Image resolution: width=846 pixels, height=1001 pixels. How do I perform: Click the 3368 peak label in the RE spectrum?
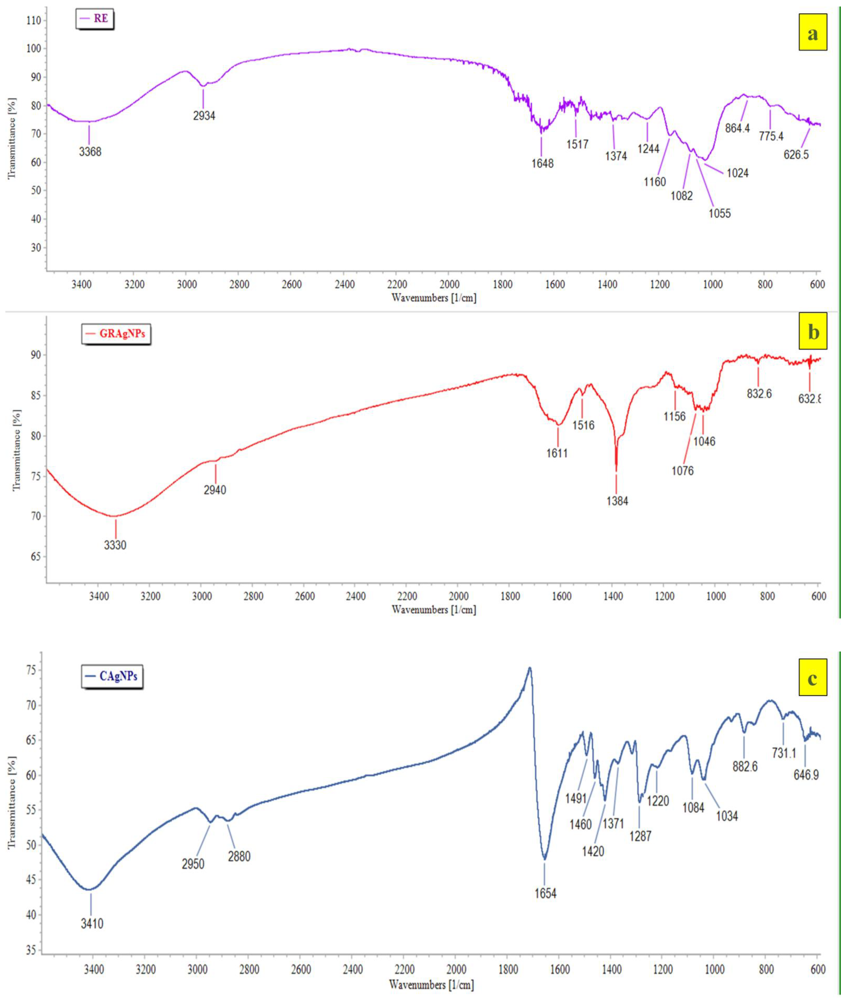coord(90,152)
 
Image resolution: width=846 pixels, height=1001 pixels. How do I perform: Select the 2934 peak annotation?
coord(204,115)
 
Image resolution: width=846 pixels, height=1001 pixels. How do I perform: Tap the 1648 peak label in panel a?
coord(542,163)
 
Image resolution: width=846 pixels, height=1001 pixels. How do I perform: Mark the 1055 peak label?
coord(720,213)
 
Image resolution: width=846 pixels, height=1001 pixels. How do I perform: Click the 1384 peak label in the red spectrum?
coord(617,501)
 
